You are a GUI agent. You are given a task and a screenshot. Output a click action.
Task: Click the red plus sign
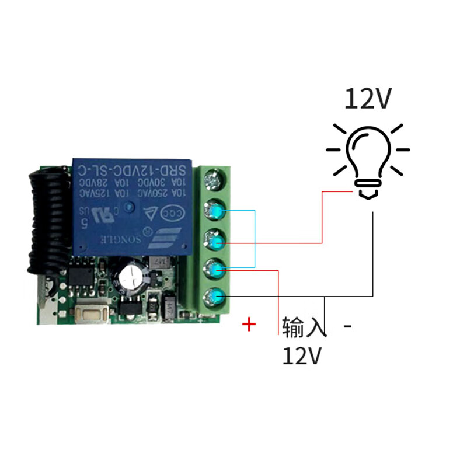pyautogui.click(x=249, y=325)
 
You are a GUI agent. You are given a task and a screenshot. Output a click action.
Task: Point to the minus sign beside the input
pyautogui.click(x=348, y=326)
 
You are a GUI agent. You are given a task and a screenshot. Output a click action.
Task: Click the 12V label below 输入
pyautogui.click(x=302, y=355)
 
